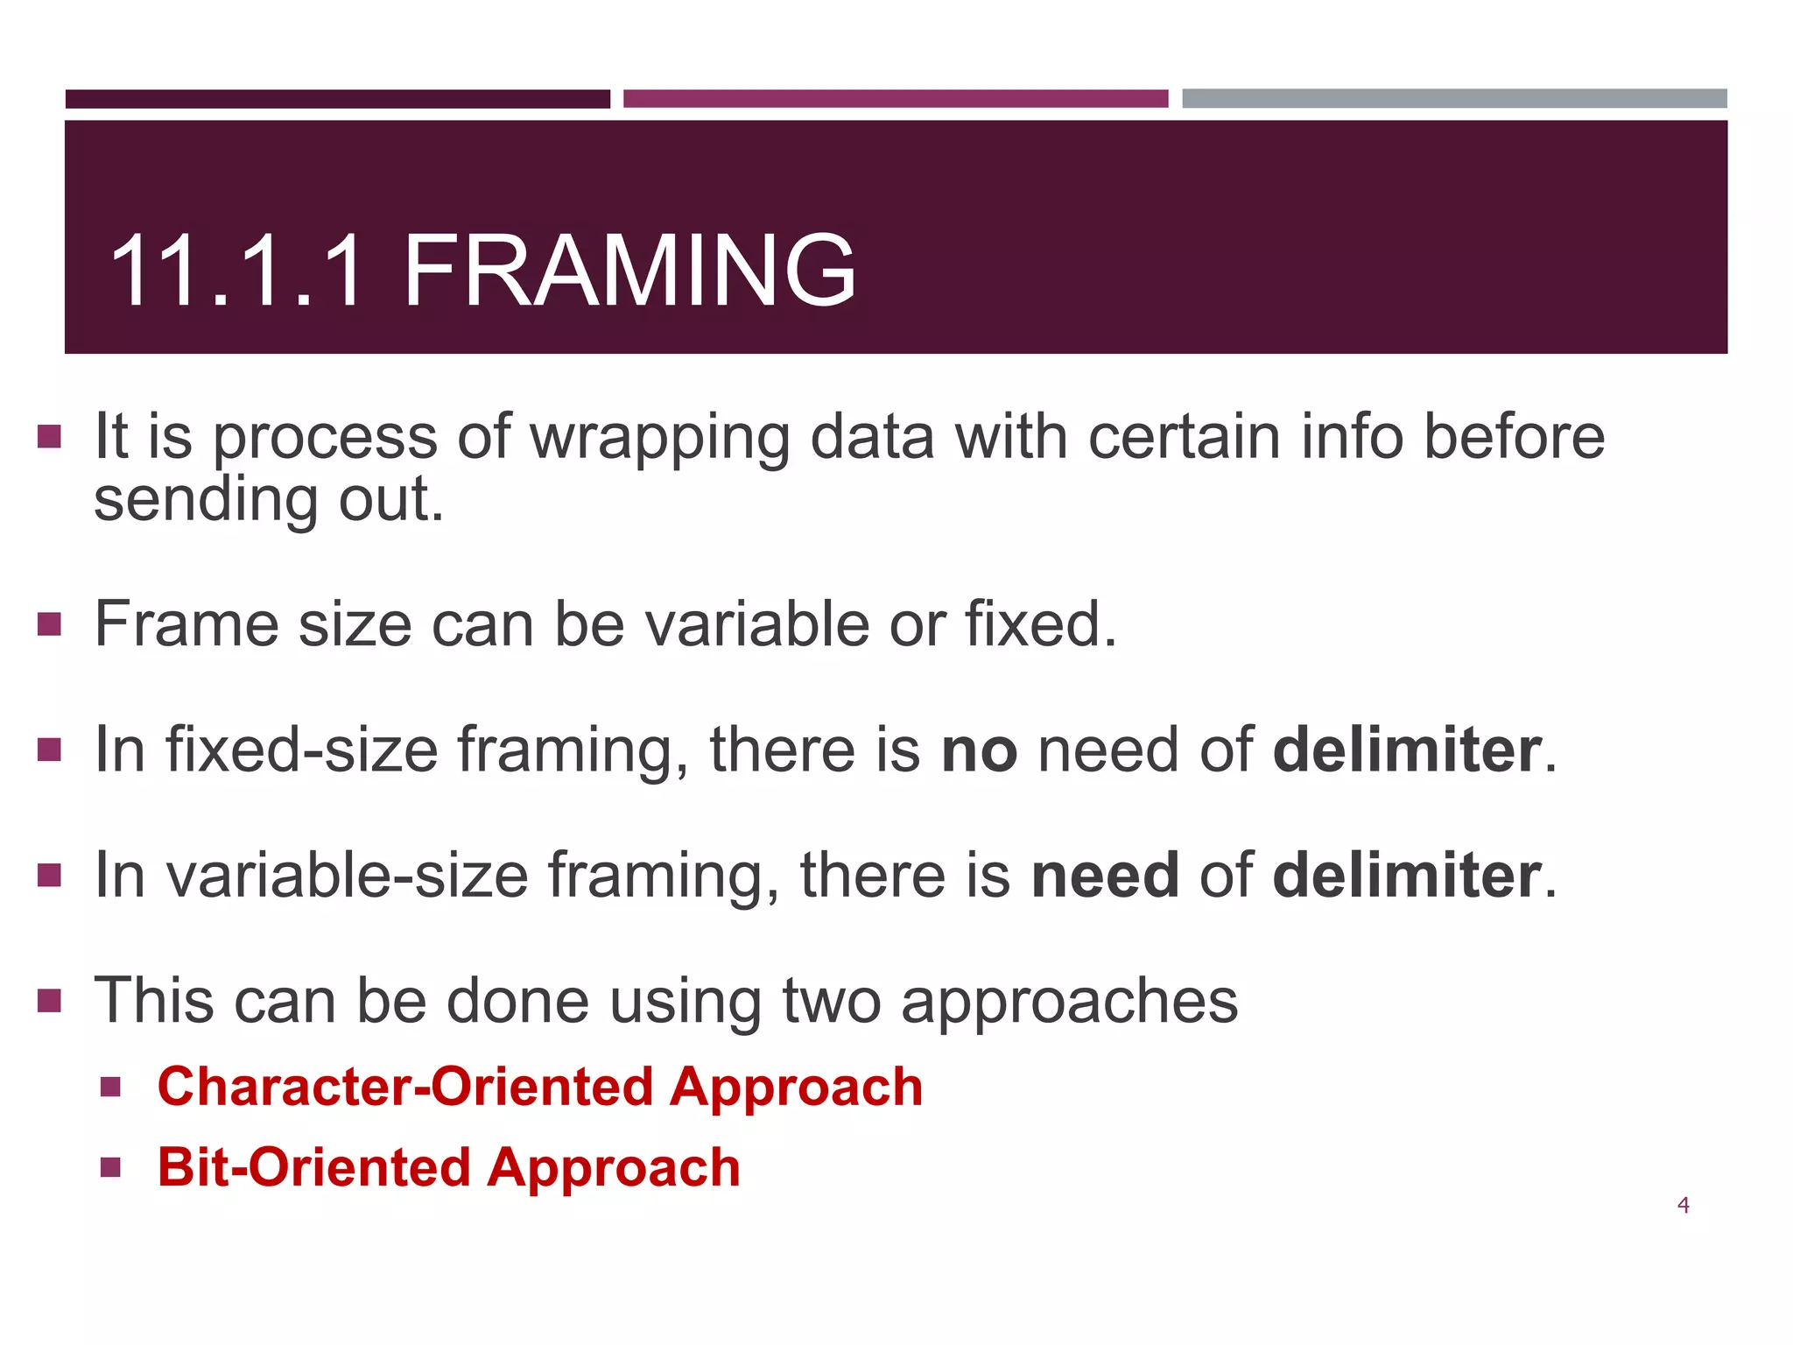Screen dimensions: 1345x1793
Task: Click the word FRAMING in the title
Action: point(629,271)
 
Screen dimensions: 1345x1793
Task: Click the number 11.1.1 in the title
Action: point(236,271)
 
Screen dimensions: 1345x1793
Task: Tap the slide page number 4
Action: point(1683,1206)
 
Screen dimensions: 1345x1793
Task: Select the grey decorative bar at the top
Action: point(1453,98)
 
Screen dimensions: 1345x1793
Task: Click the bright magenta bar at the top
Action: point(895,98)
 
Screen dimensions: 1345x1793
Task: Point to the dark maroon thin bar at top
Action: point(337,98)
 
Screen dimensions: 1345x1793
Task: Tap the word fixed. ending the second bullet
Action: point(1041,624)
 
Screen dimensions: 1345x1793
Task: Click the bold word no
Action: point(979,750)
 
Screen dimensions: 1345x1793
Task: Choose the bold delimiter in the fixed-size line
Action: point(1407,750)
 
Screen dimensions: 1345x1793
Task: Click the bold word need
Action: point(1105,875)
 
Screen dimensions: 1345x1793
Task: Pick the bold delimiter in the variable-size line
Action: point(1407,875)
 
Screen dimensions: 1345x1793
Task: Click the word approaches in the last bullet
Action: point(1069,1000)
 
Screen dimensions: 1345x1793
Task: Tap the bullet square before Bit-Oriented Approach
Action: point(110,1167)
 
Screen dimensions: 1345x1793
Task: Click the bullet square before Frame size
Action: point(50,624)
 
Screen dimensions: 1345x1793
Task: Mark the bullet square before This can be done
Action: point(50,1000)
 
